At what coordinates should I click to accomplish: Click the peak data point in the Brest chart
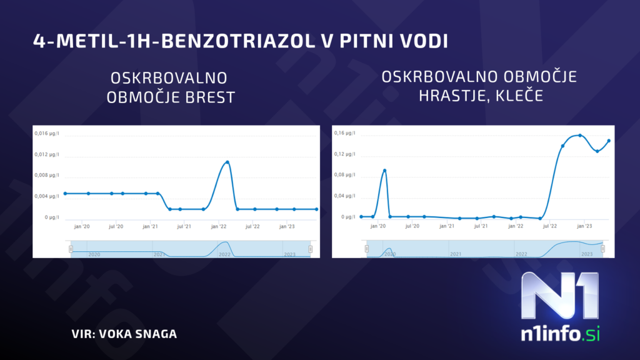pyautogui.click(x=227, y=162)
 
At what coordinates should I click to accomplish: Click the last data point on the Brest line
pyautogui.click(x=316, y=209)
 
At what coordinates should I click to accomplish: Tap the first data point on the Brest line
pyautogui.click(x=65, y=194)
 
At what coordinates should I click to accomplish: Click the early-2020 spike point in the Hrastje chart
pyautogui.click(x=384, y=170)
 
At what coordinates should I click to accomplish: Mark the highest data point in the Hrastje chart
pyautogui.click(x=580, y=135)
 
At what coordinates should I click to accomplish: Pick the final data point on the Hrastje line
pyautogui.click(x=609, y=141)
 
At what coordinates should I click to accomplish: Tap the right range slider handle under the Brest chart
pyautogui.click(x=311, y=249)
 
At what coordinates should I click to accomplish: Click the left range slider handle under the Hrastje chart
pyautogui.click(x=367, y=249)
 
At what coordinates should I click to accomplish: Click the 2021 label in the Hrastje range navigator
pyautogui.click(x=456, y=254)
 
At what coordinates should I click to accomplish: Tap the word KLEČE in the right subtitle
pyautogui.click(x=524, y=97)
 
